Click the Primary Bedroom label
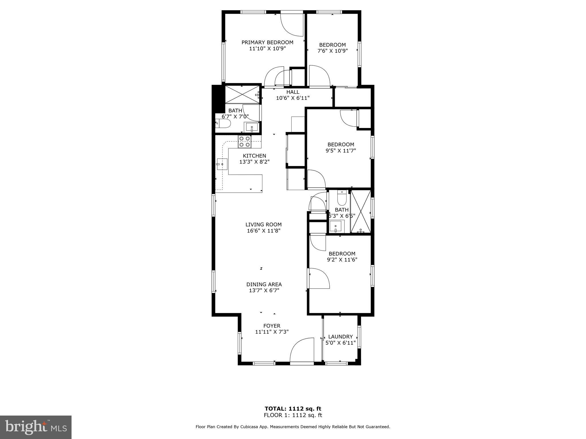267,43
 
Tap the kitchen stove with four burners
245,142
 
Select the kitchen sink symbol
222,164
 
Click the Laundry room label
340,337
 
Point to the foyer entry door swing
302,350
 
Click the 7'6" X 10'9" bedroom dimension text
332,51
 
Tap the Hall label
293,92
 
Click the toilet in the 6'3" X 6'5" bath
342,198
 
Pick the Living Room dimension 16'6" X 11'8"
263,231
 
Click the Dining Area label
264,284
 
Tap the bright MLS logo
35,427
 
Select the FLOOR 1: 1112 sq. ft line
293,415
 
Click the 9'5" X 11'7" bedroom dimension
340,151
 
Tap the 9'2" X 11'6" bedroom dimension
342,260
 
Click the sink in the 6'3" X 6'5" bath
335,227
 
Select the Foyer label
272,326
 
